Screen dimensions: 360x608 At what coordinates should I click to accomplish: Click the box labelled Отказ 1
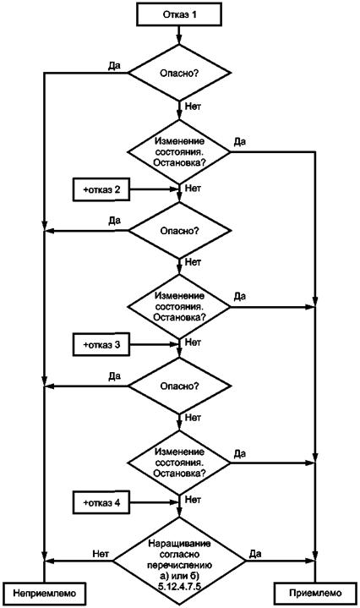[179, 15]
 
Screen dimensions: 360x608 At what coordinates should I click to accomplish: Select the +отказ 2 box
[101, 189]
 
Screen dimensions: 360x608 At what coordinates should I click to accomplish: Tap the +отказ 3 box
[101, 345]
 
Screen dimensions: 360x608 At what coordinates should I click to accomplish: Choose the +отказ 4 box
[101, 503]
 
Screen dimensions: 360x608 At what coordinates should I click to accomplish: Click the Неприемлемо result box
[45, 593]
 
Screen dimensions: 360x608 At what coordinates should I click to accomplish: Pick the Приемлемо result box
[315, 593]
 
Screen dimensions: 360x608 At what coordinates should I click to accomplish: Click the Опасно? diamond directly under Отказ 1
[179, 73]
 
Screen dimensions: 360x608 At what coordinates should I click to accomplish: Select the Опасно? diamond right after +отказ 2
[179, 231]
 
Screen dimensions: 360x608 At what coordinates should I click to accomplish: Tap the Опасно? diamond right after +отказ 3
[179, 386]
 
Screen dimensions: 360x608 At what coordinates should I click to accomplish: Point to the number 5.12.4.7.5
[179, 586]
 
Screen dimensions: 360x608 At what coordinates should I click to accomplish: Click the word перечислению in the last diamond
[179, 564]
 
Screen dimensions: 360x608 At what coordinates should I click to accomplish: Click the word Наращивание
[179, 543]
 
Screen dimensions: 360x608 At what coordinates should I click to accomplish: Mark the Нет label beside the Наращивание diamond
[101, 553]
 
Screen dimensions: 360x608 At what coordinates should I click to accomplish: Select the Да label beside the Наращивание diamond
[255, 554]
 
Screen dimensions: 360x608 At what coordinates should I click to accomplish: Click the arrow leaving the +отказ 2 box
[154, 189]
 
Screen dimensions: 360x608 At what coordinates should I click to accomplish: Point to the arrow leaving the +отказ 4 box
[154, 502]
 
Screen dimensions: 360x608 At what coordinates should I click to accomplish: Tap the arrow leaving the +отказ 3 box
[154, 344]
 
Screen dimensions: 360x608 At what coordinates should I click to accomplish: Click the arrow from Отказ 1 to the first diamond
[179, 35]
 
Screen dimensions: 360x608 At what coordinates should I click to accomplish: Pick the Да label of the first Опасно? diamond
[114, 66]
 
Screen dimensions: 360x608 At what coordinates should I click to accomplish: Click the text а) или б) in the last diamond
[179, 575]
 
